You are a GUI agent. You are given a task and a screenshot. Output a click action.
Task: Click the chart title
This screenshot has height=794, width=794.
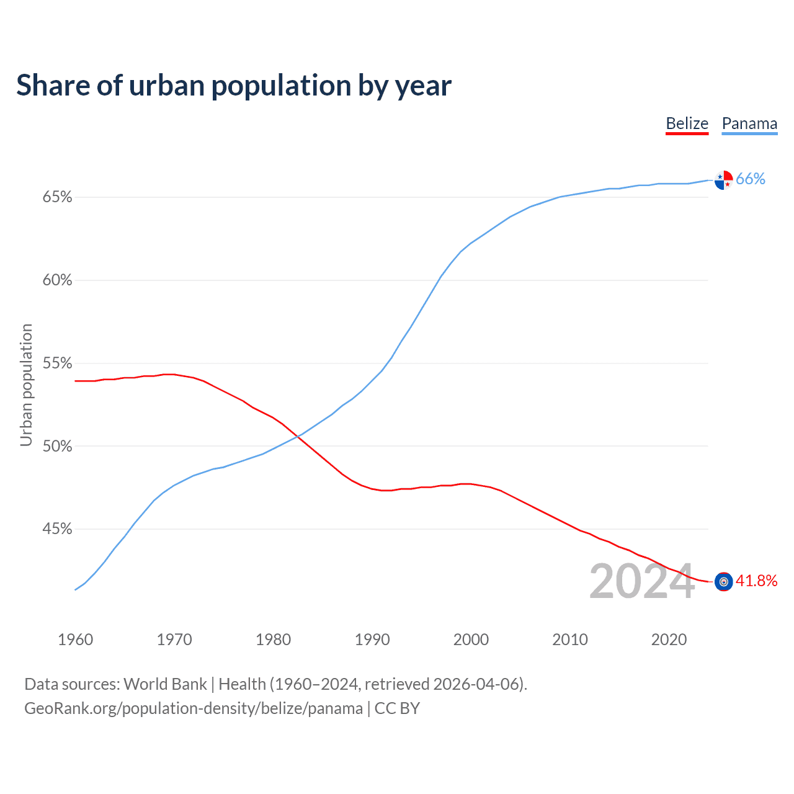pos(234,86)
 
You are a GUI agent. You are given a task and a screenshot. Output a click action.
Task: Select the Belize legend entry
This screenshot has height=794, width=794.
pos(687,124)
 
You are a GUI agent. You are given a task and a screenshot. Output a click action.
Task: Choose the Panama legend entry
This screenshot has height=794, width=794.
pos(749,124)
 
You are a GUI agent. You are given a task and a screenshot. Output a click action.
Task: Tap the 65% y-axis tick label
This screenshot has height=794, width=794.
pos(57,197)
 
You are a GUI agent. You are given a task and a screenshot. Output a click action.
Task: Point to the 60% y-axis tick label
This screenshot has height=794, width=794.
pos(57,280)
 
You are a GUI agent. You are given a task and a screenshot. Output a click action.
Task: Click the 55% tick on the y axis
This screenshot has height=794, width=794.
pos(57,363)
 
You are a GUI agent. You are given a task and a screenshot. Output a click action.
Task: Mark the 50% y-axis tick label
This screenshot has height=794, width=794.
pos(57,446)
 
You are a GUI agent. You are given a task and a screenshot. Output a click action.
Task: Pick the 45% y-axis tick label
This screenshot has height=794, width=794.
pos(57,529)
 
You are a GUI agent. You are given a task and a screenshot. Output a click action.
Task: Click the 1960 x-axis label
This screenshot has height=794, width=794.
pos(75,640)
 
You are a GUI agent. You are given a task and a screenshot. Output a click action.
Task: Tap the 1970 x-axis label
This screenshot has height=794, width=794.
pos(174,640)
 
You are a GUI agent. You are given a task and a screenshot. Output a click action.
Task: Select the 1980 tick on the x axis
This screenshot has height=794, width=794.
pos(273,640)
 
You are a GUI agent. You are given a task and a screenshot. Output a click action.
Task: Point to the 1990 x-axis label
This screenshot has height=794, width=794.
pos(372,640)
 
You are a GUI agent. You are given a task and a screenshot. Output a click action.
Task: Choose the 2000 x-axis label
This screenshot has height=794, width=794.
pos(471,640)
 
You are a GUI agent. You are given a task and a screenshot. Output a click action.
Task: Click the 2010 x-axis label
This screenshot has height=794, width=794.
pos(570,640)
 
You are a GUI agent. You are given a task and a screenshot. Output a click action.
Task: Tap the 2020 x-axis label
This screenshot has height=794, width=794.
pos(669,640)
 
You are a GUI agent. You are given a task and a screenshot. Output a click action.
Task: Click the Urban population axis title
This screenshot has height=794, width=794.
pos(26,385)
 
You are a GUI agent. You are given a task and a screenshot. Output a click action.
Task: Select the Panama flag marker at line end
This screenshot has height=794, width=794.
pos(723,180)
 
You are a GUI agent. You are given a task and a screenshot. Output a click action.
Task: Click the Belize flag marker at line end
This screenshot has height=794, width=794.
pos(723,582)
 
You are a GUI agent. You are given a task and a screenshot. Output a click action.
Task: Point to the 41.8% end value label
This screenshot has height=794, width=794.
pos(756,581)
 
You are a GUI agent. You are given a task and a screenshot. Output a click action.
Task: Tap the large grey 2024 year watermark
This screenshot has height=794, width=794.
pos(642,581)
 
